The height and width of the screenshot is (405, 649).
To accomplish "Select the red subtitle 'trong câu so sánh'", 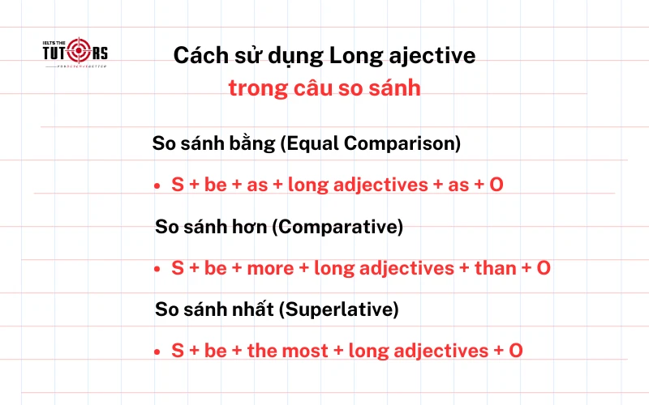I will coord(324,87).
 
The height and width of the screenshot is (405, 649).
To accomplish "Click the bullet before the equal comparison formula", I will coord(157,186).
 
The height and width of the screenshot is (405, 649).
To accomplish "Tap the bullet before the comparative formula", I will coord(157,268).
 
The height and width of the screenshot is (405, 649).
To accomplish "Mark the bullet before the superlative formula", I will coord(157,352).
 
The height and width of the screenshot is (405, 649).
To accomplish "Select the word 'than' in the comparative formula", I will coord(495,268).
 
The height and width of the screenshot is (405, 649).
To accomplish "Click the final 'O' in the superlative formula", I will coord(515,351).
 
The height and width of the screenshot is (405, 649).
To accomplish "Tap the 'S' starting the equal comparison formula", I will coord(177,185).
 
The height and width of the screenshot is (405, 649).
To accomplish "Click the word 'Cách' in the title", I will coord(199,56).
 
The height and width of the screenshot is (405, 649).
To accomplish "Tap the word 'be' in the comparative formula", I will coord(216,268).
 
